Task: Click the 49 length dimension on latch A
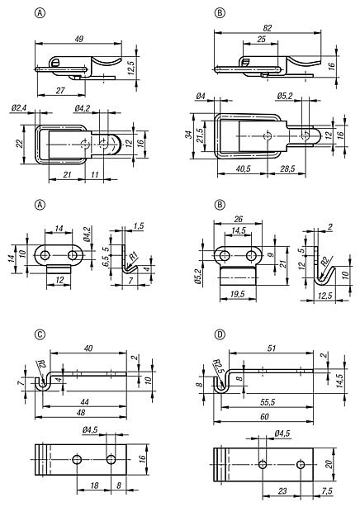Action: coord(79,39)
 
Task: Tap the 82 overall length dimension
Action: coord(268,28)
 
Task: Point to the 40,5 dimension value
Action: coord(244,168)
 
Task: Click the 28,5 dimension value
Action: coord(287,168)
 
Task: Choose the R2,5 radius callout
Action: coord(218,366)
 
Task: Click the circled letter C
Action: coord(40,334)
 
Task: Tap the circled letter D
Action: coord(220,334)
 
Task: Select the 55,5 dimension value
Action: coord(268,402)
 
